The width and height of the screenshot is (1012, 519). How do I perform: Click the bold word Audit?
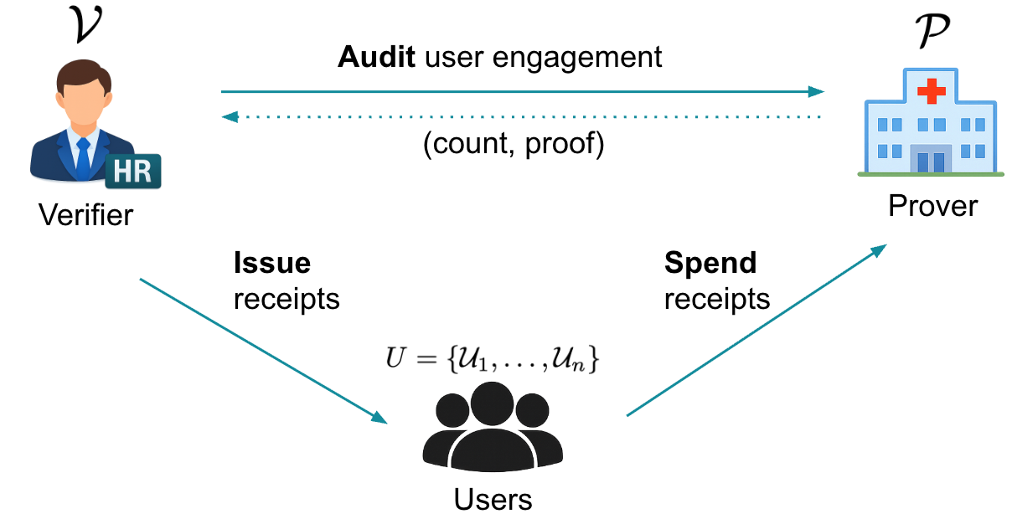376,58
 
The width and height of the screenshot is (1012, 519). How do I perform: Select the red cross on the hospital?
930,89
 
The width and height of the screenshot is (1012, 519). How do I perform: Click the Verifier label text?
85,216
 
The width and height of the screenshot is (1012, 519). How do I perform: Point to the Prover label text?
932,206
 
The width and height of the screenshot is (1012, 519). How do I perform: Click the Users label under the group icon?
493,500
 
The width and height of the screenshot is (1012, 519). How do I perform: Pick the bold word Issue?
272,264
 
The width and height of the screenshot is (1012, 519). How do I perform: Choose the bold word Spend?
710,264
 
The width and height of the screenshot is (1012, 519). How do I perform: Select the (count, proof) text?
514,145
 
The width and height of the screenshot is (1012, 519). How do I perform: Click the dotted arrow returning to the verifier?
519,117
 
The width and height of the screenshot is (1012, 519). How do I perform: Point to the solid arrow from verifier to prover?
519,91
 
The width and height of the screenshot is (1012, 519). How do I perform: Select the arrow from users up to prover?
758,330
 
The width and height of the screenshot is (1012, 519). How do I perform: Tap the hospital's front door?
931,160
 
